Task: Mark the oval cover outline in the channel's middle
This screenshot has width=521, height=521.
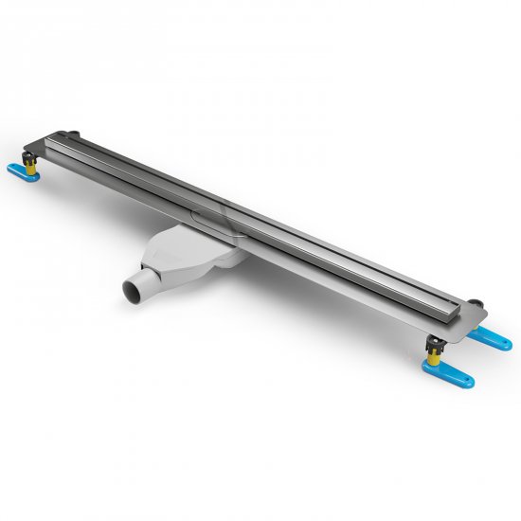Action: tap(211, 215)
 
